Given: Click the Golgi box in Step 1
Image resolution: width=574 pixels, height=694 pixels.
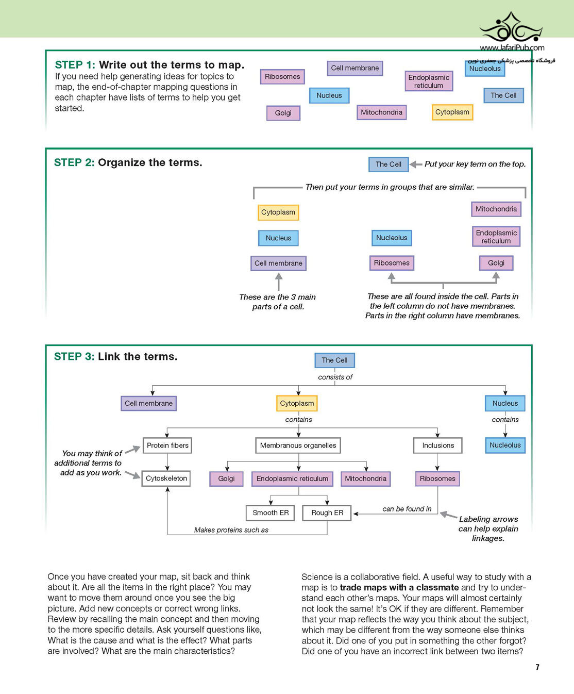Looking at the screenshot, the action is (x=283, y=113).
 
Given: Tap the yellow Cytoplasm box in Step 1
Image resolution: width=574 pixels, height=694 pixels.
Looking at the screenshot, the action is (x=452, y=112).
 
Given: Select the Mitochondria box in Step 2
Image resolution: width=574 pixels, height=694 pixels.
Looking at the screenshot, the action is (x=496, y=209).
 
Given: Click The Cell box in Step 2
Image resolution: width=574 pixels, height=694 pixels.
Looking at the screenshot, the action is (x=389, y=164).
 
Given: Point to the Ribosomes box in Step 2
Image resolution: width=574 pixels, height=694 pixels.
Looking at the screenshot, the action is (x=392, y=263).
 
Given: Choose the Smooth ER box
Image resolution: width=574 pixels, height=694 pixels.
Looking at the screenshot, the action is (x=271, y=513).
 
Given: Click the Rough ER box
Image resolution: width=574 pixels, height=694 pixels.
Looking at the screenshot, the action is (x=327, y=513).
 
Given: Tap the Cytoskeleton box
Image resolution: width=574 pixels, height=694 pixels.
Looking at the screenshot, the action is (x=166, y=478).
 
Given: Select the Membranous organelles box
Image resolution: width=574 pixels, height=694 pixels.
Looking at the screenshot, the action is (x=298, y=445).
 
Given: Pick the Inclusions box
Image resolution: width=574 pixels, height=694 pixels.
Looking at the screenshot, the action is (x=438, y=445).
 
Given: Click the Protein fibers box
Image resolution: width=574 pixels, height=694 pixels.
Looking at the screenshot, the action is (x=167, y=445).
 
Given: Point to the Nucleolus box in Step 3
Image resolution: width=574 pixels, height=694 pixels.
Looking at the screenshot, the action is (x=505, y=445).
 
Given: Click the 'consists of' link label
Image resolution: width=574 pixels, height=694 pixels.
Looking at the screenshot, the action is (x=335, y=377).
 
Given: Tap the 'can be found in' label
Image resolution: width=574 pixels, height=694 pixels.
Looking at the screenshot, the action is (x=407, y=509).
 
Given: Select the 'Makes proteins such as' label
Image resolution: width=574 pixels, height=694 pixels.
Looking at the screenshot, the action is (x=231, y=530).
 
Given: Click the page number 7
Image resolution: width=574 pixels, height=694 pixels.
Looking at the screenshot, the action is (x=537, y=667).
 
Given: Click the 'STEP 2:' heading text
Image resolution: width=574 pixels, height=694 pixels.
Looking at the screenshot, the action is (x=74, y=162).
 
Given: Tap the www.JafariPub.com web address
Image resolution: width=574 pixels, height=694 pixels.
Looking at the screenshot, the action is (x=512, y=48).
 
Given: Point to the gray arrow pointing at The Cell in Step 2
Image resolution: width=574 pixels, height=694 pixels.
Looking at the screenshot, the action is (x=416, y=164).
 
